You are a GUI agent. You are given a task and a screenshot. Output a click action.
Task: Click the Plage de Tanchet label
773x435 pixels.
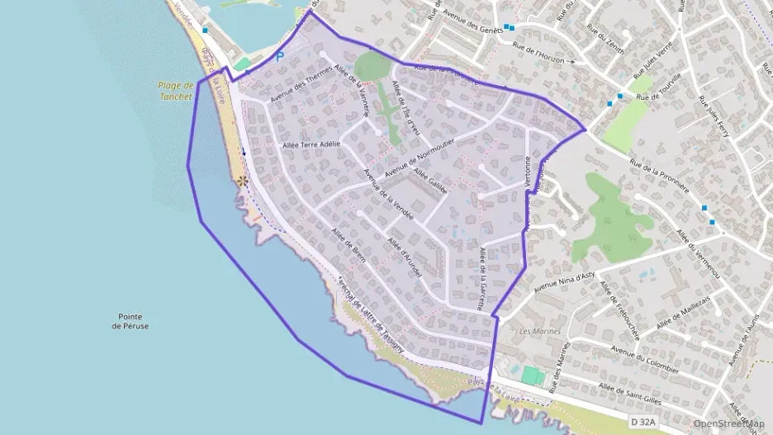coord(175,90)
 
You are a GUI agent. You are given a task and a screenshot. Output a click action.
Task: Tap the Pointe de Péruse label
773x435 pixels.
coord(132,321)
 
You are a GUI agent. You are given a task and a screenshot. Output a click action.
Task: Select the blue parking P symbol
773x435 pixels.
coord(280,56)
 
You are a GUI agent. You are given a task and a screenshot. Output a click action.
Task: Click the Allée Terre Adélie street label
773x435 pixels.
coord(311,144)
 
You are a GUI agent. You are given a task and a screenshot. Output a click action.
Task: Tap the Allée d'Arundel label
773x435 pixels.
coord(405,257)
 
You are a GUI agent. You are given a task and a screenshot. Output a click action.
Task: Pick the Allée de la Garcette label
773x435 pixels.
coord(481,277)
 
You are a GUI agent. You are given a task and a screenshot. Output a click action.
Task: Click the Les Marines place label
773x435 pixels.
coord(540,331)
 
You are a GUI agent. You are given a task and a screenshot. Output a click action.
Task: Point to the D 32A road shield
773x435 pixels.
coord(643,423)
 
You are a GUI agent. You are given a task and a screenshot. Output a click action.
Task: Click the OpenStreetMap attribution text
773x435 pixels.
coord(728,423)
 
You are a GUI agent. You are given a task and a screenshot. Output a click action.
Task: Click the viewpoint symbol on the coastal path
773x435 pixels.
coord(242,181)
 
